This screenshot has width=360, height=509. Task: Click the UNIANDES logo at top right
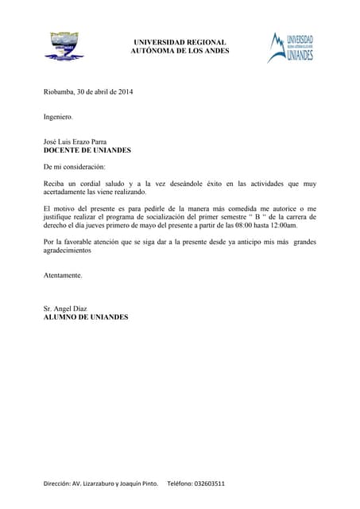pyautogui.click(x=290, y=47)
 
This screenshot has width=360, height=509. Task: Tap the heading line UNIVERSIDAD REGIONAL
pyautogui.click(x=180, y=42)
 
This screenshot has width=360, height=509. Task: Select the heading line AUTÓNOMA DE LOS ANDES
pyautogui.click(x=180, y=51)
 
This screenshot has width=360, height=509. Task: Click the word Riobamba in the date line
pyautogui.click(x=58, y=91)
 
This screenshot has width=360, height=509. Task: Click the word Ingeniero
pyautogui.click(x=58, y=117)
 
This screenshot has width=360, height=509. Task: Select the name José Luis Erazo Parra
pyautogui.click(x=75, y=142)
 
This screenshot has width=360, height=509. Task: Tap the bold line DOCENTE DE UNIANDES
pyautogui.click(x=87, y=150)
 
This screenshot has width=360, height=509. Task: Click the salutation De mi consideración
pyautogui.click(x=74, y=167)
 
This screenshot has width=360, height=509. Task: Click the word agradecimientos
pyautogui.click(x=68, y=251)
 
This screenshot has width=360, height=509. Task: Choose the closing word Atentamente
pyautogui.click(x=63, y=276)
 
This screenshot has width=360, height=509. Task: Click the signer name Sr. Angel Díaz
pyautogui.click(x=65, y=309)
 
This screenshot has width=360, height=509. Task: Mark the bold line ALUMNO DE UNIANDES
pyautogui.click(x=85, y=317)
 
